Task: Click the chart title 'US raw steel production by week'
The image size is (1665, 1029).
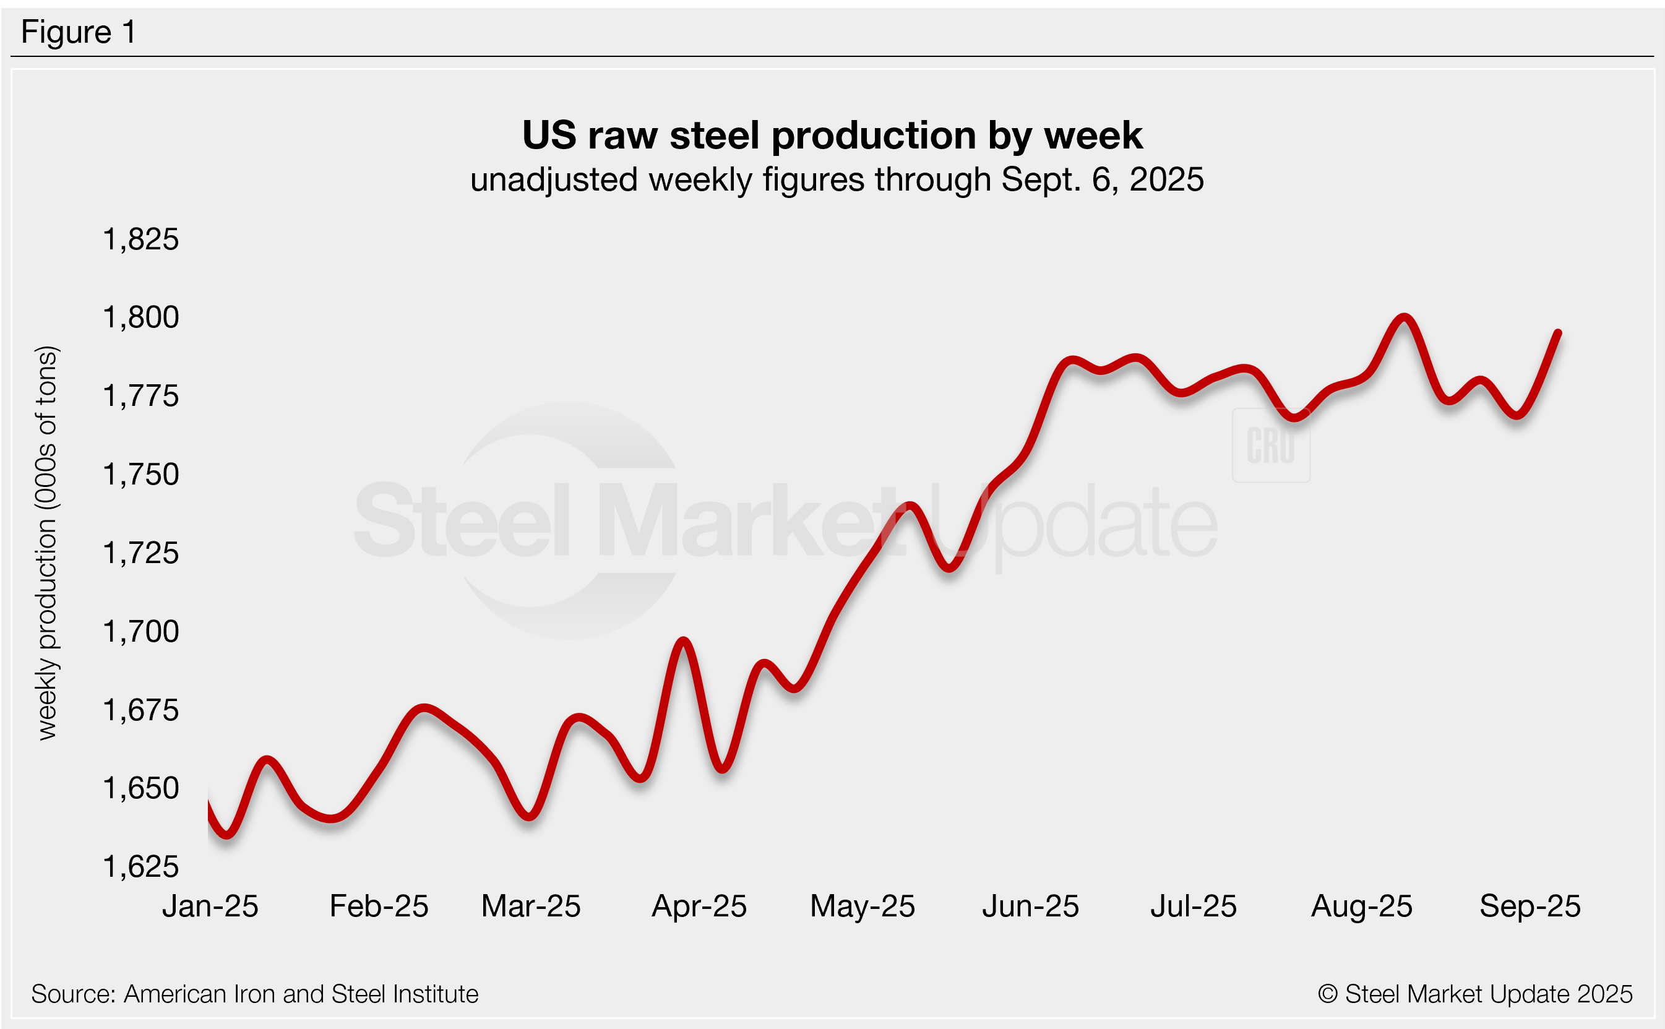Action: click(x=832, y=136)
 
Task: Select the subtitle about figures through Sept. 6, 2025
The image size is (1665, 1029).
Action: click(x=837, y=180)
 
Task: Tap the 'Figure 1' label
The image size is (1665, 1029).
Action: click(x=78, y=32)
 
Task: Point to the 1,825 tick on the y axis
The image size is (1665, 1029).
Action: click(x=140, y=240)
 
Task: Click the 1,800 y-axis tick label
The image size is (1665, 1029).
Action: click(x=140, y=318)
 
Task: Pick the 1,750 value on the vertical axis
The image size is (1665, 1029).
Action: click(x=140, y=475)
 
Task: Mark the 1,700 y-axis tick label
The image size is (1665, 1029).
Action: click(x=140, y=632)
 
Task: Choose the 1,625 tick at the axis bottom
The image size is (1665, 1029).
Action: click(x=140, y=868)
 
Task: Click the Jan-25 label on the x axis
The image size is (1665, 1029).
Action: click(x=210, y=906)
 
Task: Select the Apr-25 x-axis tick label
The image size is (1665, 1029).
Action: click(x=699, y=906)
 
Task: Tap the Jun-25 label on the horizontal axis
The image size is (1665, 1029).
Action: click(x=1030, y=906)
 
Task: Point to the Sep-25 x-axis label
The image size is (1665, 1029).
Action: click(x=1529, y=906)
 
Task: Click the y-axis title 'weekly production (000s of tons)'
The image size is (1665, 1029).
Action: click(x=47, y=543)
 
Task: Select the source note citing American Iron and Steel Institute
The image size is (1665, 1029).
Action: click(x=254, y=994)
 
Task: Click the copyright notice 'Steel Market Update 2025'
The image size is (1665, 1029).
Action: click(x=1474, y=994)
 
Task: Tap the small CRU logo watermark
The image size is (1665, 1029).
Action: click(x=1270, y=446)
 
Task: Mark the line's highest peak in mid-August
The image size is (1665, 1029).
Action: click(x=1404, y=318)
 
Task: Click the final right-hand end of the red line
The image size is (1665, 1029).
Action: click(x=1557, y=333)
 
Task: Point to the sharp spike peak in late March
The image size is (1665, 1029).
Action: click(x=683, y=641)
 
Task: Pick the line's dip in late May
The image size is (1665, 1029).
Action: click(x=949, y=567)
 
